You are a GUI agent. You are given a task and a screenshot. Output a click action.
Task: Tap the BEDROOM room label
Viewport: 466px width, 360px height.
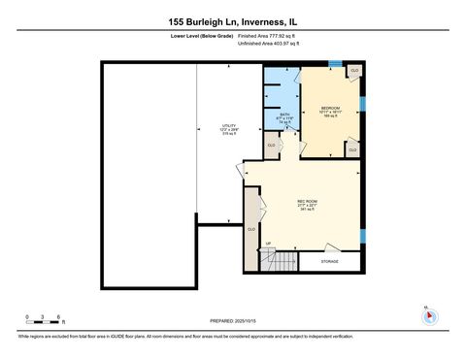point(329,112)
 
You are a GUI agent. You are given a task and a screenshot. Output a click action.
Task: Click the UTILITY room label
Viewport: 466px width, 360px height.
point(202,130)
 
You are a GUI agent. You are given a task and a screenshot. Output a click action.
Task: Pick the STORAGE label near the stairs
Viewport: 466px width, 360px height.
point(330,261)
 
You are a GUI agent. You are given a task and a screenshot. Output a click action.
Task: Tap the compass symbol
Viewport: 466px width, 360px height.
point(426,316)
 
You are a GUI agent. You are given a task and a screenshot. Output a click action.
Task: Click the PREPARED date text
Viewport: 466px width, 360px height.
point(233,321)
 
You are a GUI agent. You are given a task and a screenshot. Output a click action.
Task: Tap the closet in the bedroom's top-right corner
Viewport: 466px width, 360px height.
point(354,72)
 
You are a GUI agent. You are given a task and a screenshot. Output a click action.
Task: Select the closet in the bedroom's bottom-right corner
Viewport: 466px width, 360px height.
point(351,149)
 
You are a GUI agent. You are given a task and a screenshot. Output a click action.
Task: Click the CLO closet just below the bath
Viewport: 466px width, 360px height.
point(272,146)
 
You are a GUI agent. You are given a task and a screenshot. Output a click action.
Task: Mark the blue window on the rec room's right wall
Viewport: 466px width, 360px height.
point(363,236)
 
